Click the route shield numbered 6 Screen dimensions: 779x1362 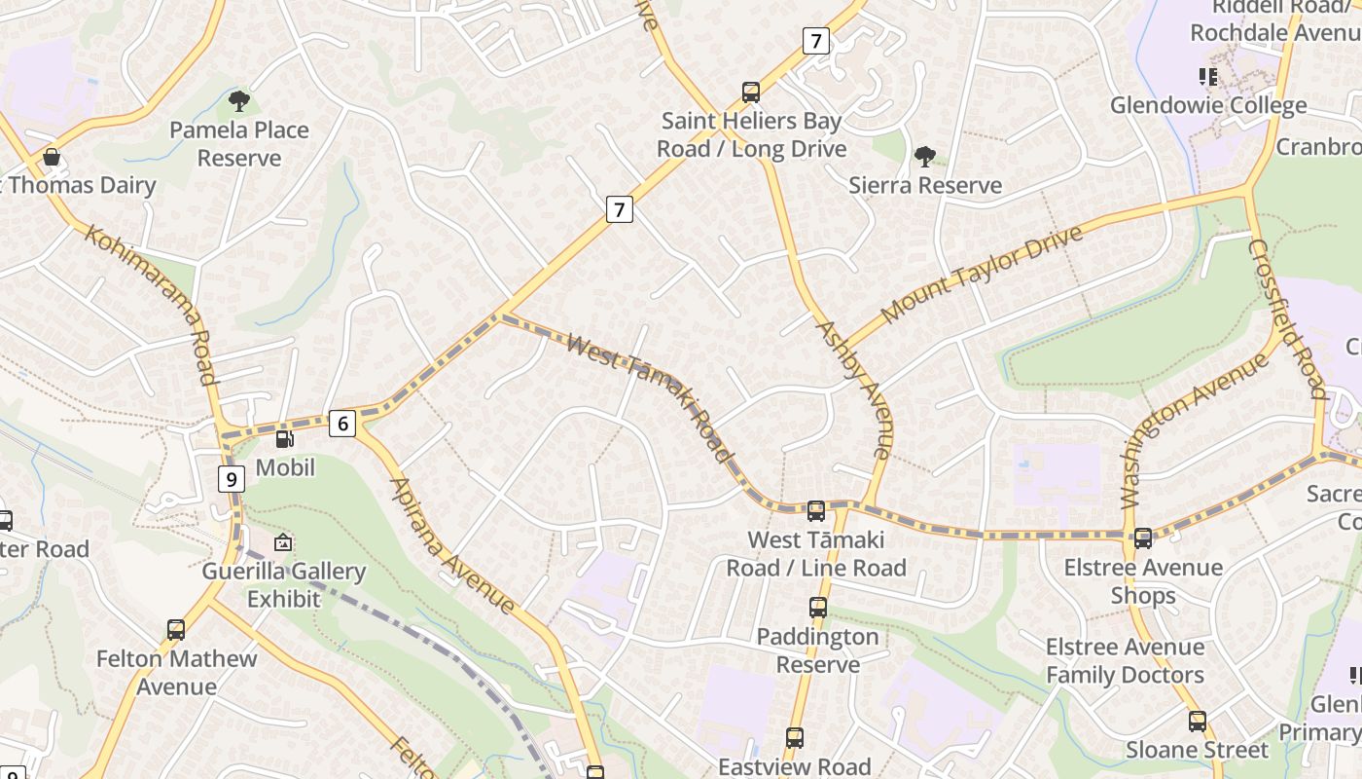341,424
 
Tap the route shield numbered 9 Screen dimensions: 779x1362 231,478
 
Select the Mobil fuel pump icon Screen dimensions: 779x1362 284,440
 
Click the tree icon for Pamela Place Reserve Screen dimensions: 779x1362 238,100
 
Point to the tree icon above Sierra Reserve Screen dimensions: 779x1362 924,156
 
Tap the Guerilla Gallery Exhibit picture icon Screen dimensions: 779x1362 283,542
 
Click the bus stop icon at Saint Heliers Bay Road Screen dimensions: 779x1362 750,93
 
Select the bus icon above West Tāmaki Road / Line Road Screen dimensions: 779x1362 815,510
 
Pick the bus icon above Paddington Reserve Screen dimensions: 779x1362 817,608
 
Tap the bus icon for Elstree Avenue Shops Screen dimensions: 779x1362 1142,538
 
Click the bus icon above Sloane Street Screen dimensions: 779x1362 1197,722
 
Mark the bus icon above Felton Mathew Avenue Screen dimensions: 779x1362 175,630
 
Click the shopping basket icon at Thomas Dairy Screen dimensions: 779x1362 52,157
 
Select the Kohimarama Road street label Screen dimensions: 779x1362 151,304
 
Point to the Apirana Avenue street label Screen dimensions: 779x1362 452,545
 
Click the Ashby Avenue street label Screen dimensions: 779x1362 854,389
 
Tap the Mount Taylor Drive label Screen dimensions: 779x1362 982,274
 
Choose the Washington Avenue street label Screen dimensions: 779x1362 1195,429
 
